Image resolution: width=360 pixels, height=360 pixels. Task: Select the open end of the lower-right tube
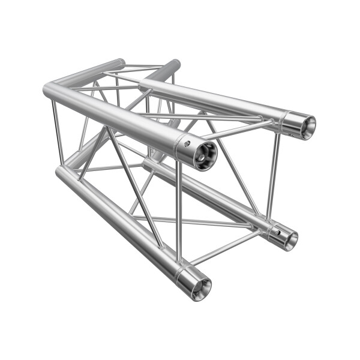[290, 239]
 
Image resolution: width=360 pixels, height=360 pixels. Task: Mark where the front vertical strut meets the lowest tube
[179, 265]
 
